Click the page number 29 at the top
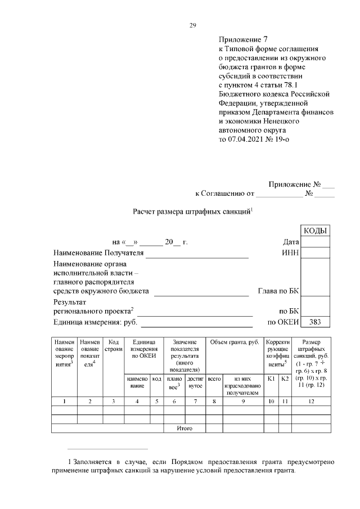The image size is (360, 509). click(x=192, y=25)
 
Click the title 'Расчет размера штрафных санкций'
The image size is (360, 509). click(x=192, y=211)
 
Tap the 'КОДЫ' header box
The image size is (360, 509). click(x=316, y=231)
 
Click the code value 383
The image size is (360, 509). click(x=316, y=322)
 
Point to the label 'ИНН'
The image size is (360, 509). click(x=290, y=253)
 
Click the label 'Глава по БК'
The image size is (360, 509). click(x=278, y=291)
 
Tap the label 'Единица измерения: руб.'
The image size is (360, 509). click(x=95, y=322)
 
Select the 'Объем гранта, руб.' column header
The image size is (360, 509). click(x=233, y=342)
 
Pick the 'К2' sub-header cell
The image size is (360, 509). click(x=285, y=380)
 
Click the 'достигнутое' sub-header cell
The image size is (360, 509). click(x=195, y=383)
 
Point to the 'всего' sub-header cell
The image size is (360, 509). click(x=214, y=380)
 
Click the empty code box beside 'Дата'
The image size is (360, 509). click(x=316, y=242)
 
